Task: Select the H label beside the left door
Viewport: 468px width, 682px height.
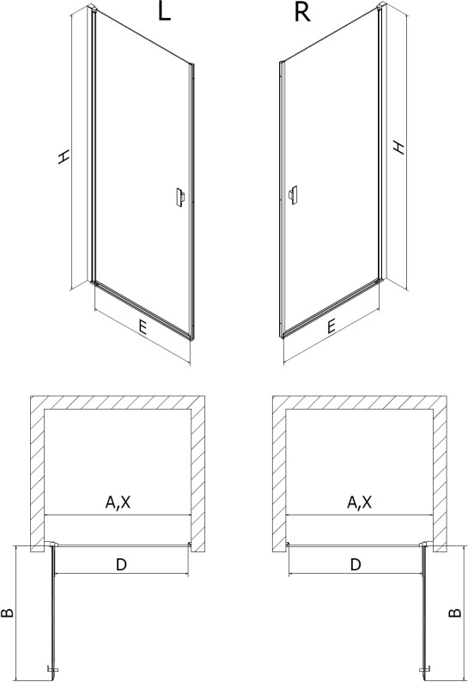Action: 64,157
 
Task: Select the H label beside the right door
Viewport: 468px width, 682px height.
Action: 398,147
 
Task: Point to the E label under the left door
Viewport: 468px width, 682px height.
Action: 142,327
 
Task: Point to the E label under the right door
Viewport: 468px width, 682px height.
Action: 331,326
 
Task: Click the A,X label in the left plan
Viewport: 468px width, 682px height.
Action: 118,502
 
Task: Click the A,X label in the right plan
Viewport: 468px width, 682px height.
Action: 359,502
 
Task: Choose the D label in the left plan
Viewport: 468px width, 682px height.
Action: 121,564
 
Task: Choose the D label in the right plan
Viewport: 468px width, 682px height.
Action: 356,564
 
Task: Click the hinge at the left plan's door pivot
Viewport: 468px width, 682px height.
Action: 52,544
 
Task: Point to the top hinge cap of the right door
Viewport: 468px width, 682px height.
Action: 381,7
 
